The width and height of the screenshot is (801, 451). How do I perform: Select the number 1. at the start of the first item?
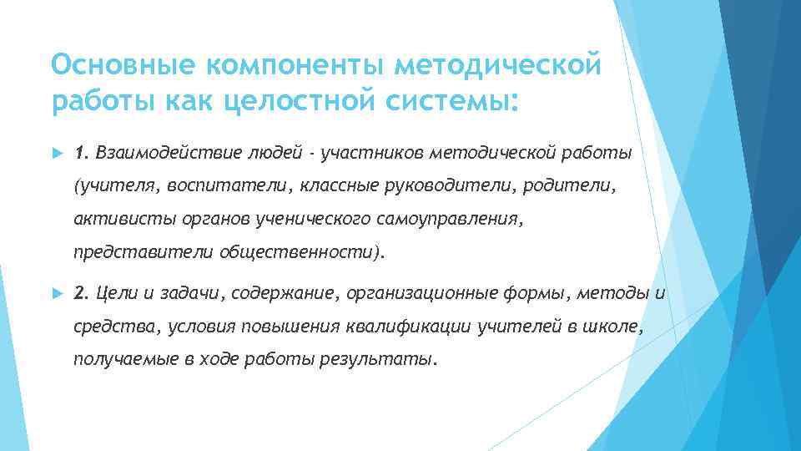81,153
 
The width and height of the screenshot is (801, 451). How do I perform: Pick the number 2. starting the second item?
82,293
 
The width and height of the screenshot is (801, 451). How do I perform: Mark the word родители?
567,185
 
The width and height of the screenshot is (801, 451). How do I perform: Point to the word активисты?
111,219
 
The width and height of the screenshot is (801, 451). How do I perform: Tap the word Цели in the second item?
113,293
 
